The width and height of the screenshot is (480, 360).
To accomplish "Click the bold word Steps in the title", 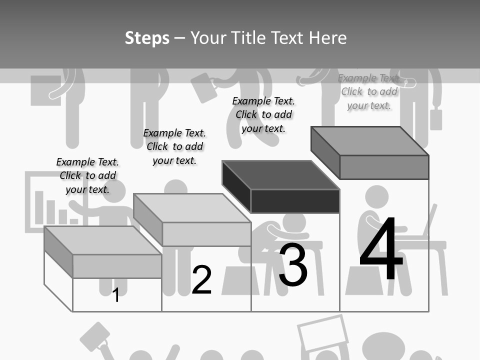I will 147,38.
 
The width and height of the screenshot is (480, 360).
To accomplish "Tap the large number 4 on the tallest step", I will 381,250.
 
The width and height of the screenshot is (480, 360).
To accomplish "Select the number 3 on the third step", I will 292,265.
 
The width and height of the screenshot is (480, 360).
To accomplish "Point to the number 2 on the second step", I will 201,280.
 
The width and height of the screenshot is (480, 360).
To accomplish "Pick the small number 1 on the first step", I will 116,295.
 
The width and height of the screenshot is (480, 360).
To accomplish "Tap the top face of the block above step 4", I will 370,141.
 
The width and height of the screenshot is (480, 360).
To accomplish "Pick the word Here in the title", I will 328,38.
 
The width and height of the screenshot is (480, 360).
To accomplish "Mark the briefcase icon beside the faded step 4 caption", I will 436,118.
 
